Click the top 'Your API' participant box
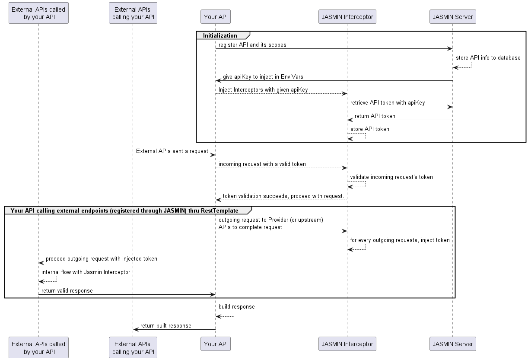tap(216, 17)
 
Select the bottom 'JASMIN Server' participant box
tap(452, 344)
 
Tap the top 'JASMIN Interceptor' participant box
tap(347, 17)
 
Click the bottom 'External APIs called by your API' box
tap(38, 348)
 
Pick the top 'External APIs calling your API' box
tap(133, 13)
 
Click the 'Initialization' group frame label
tap(220, 35)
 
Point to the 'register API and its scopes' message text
tap(252, 45)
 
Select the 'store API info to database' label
tap(488, 57)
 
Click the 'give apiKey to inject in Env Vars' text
tap(263, 77)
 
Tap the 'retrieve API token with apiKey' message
tap(388, 103)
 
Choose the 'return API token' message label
tap(375, 116)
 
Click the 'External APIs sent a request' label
tap(172, 151)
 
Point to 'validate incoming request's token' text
tap(391, 177)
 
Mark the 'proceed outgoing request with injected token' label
tap(102, 259)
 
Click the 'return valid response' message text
tap(67, 291)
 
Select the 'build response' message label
tap(236, 307)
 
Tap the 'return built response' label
tap(165, 326)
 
